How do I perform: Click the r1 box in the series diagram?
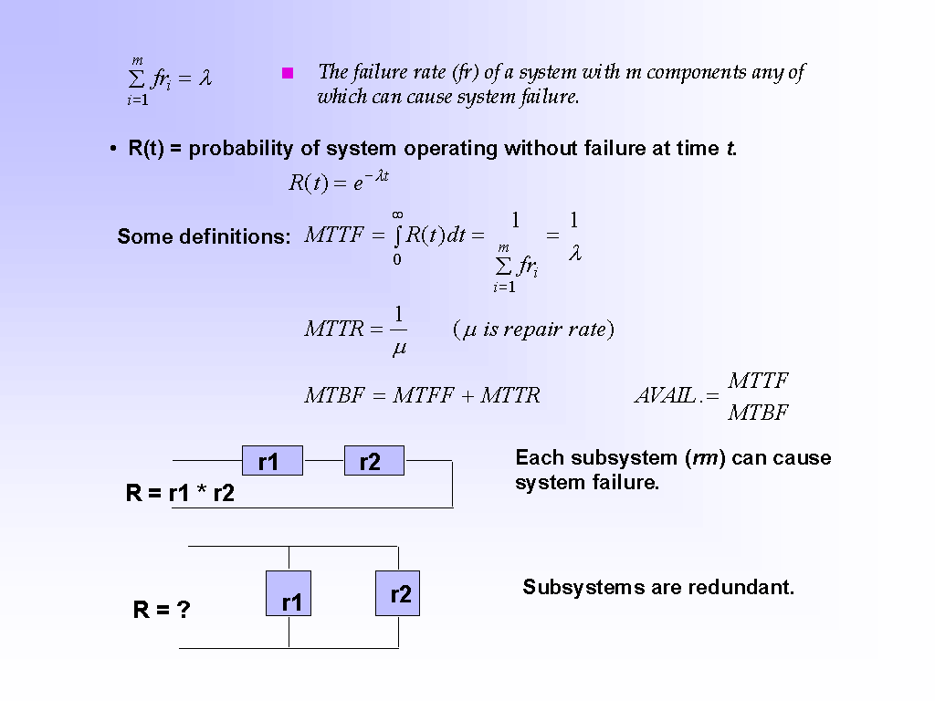272,461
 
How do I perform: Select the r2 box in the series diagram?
373,461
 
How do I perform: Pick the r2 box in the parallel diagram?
398,592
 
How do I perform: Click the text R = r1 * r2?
180,494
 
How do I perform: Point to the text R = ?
162,610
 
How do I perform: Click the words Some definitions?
204,236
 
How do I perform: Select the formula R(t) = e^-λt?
339,182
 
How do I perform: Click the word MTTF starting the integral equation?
332,235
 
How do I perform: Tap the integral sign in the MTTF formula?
398,235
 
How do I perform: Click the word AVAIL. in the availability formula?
664,396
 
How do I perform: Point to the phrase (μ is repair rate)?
533,330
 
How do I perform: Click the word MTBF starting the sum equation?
333,395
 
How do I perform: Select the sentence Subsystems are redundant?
658,587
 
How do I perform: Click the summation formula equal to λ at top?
169,80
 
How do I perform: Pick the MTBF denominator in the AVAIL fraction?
758,413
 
